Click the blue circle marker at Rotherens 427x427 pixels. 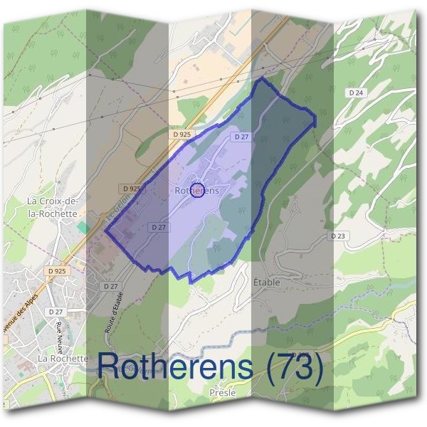199,190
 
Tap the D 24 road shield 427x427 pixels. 357,93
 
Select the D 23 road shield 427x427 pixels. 337,236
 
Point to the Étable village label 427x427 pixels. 267,282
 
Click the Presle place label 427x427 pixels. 223,392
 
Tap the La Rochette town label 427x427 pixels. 63,359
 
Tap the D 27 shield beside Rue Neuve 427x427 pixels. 56,312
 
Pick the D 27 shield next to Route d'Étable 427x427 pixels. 110,285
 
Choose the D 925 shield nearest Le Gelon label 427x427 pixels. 132,189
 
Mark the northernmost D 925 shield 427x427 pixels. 182,134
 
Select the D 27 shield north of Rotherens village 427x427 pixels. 240,136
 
